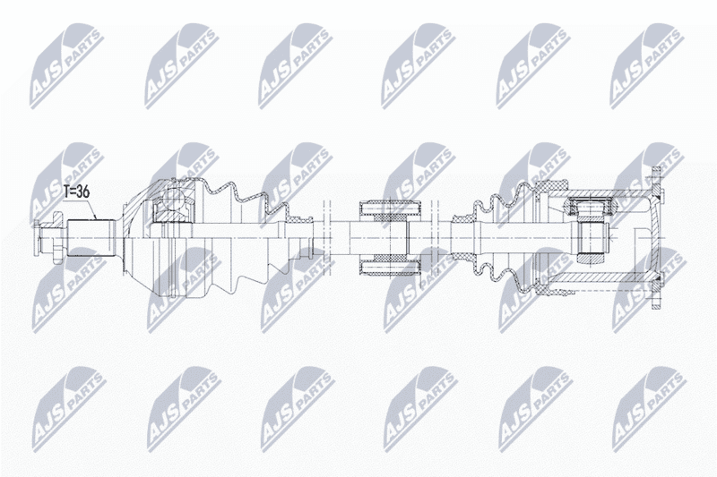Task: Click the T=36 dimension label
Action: click(76, 192)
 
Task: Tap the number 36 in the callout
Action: click(82, 192)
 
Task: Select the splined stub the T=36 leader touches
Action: click(91, 238)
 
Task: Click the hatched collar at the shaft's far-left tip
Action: click(36, 238)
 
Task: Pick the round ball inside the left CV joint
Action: click(173, 200)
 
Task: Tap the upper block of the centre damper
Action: click(390, 209)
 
